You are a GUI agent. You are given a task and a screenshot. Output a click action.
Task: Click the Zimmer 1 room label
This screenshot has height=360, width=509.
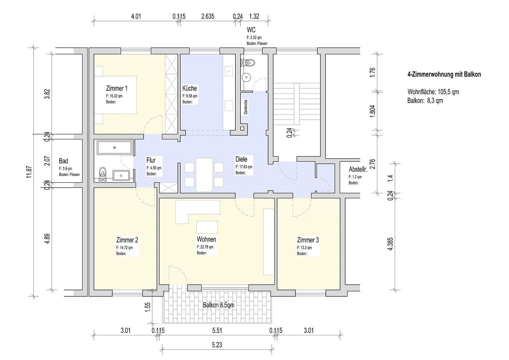tap(117, 88)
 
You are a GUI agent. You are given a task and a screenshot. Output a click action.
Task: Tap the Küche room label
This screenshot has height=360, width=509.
tap(190, 88)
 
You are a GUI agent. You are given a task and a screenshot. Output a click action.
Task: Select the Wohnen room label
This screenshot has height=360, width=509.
tap(206, 239)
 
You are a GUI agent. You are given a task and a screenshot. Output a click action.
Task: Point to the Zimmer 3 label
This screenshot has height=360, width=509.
tap(308, 240)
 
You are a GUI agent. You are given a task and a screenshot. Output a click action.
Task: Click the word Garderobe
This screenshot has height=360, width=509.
tap(246, 107)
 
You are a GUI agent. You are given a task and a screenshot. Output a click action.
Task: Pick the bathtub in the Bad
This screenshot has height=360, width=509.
tap(114, 147)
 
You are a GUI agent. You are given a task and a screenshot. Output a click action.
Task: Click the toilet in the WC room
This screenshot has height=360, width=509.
tap(249, 62)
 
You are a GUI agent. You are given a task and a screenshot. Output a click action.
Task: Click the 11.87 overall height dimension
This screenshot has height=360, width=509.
tap(29, 172)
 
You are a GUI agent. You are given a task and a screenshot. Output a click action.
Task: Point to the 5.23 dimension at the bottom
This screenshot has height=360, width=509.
tap(217, 345)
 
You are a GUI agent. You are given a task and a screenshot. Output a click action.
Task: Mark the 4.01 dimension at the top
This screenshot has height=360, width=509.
tap(136, 16)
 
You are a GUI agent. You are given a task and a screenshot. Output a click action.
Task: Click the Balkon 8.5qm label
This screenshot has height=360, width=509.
tap(219, 305)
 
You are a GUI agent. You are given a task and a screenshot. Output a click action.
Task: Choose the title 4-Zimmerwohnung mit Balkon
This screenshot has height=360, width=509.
tap(444, 75)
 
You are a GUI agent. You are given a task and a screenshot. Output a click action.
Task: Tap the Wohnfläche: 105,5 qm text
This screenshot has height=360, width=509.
tap(433, 92)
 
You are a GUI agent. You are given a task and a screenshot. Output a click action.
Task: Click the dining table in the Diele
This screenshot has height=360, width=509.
tap(204, 175)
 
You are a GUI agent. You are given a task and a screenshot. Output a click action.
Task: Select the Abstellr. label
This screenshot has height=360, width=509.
tap(358, 169)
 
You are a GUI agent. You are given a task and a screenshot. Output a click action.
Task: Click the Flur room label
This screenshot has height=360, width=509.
tap(151, 160)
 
